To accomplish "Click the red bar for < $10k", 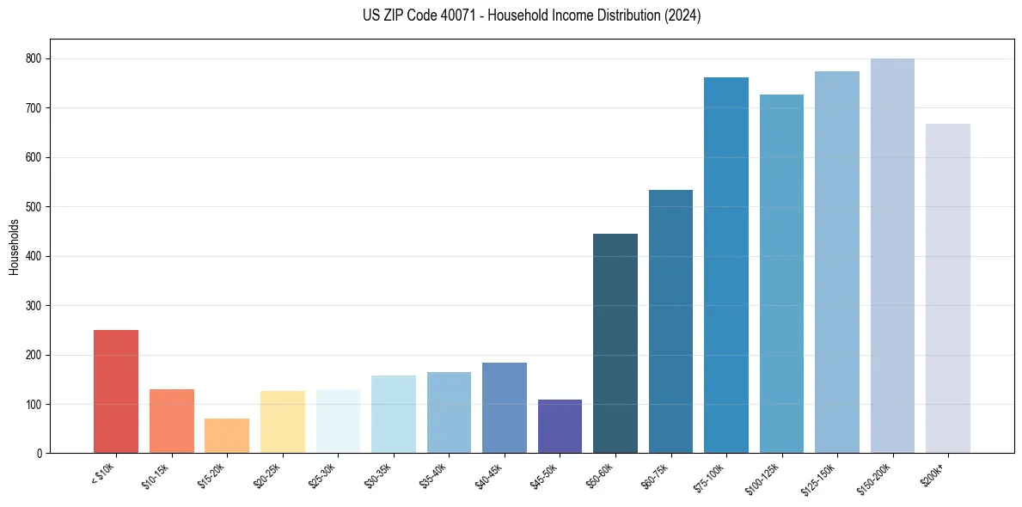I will point(116,392).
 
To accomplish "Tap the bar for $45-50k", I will point(560,426).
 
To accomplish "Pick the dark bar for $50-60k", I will point(615,344).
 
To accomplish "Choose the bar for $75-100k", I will point(726,266).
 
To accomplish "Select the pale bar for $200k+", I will point(948,289).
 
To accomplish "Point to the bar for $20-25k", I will point(283,422).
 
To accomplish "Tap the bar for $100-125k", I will point(781,274).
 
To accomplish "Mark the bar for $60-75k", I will point(670,321).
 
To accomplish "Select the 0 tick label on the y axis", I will point(40,454).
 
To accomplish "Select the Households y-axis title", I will point(14,247).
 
